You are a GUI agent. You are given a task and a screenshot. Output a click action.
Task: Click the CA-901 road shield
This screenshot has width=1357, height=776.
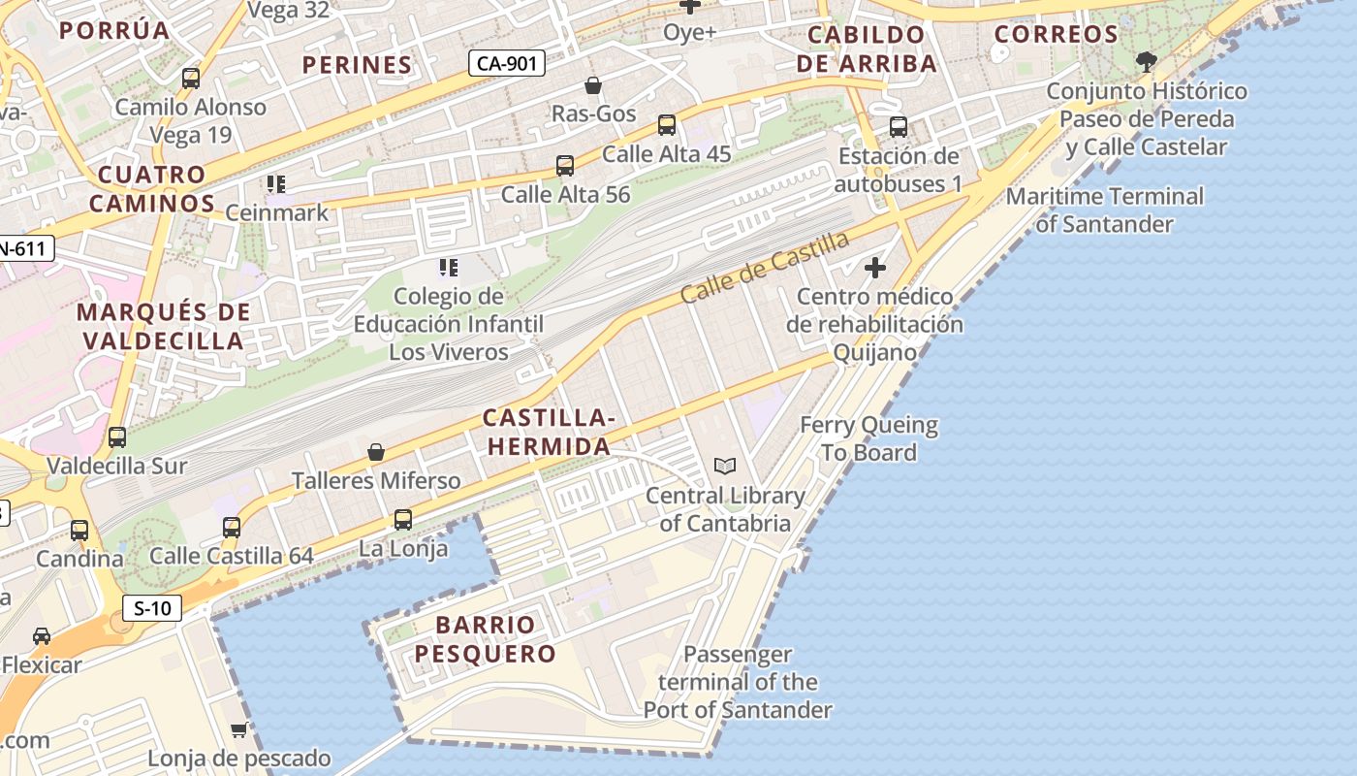(x=507, y=64)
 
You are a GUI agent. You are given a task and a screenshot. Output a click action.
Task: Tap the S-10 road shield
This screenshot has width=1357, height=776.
(x=153, y=608)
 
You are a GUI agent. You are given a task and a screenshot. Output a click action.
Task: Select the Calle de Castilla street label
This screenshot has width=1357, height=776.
(x=765, y=267)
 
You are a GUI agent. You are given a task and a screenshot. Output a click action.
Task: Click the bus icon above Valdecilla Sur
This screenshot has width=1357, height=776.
(x=117, y=437)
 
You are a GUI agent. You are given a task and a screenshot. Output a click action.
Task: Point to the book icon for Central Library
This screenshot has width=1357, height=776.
(x=725, y=467)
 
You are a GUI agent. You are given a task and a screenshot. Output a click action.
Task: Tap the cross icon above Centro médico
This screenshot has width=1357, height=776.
(x=875, y=268)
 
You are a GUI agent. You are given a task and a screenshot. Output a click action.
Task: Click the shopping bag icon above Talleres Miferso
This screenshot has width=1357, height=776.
(x=376, y=452)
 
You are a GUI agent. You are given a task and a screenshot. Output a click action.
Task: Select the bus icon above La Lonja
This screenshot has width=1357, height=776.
(x=403, y=520)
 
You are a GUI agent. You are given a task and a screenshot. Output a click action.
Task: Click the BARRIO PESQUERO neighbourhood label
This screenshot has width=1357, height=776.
(x=486, y=638)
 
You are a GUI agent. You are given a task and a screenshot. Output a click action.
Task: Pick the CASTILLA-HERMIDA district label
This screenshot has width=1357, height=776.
(x=549, y=432)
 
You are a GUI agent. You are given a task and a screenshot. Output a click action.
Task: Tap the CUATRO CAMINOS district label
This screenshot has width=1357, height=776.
(x=152, y=189)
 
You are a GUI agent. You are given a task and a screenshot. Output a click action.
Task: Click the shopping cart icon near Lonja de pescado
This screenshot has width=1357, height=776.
(x=238, y=729)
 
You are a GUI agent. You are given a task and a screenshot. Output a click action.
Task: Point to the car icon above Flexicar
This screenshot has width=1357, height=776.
(x=42, y=636)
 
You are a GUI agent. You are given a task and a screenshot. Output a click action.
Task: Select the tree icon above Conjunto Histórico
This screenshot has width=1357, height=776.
(x=1147, y=63)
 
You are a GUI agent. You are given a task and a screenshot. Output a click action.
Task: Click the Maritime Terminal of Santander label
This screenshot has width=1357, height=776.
(x=1105, y=210)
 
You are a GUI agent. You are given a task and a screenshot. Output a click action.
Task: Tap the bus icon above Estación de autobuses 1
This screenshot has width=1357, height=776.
(x=899, y=127)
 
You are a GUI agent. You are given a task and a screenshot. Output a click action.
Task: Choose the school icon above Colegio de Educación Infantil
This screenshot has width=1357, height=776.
(x=448, y=267)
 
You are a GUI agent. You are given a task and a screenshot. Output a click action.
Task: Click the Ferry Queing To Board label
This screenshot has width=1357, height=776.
(x=868, y=438)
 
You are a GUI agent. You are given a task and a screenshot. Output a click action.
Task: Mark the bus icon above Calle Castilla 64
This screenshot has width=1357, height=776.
(x=232, y=528)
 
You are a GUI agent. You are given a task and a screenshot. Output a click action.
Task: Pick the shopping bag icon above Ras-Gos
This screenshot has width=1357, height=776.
(x=593, y=86)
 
